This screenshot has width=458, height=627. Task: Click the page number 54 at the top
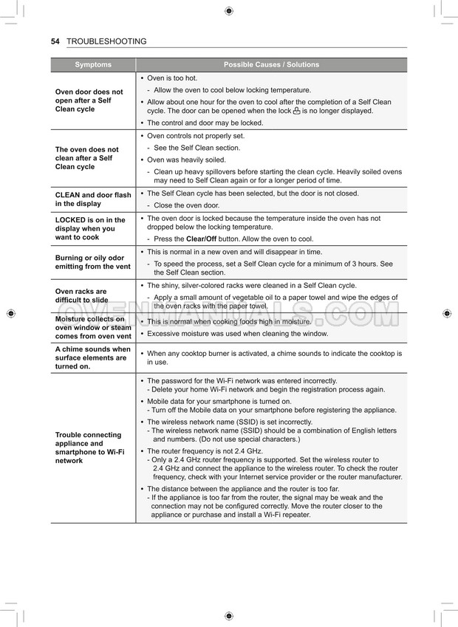click(55, 41)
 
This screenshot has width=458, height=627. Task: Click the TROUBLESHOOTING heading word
click(106, 41)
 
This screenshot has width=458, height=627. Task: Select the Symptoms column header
click(93, 65)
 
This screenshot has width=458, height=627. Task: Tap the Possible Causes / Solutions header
click(271, 65)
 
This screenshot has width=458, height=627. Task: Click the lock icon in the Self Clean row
click(296, 111)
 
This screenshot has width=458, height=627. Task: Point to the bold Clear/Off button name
click(201, 239)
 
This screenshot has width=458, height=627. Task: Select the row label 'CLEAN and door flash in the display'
click(93, 199)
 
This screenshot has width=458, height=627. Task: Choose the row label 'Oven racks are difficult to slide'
click(81, 295)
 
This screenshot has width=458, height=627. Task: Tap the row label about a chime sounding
click(92, 357)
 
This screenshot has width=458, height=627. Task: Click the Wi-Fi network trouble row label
click(89, 448)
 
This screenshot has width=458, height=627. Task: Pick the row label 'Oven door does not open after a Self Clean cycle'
click(89, 100)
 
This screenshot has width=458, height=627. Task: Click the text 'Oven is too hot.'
click(172, 78)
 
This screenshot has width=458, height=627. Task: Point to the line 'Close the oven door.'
click(186, 205)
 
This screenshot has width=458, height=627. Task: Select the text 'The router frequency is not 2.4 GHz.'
click(205, 450)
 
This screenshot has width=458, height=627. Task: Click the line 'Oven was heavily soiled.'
click(186, 160)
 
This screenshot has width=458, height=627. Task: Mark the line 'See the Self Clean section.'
click(196, 148)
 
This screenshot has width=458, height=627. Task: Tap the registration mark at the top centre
click(228, 11)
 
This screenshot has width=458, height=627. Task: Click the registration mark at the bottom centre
click(228, 616)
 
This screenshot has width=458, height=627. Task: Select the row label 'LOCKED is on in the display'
click(90, 229)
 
